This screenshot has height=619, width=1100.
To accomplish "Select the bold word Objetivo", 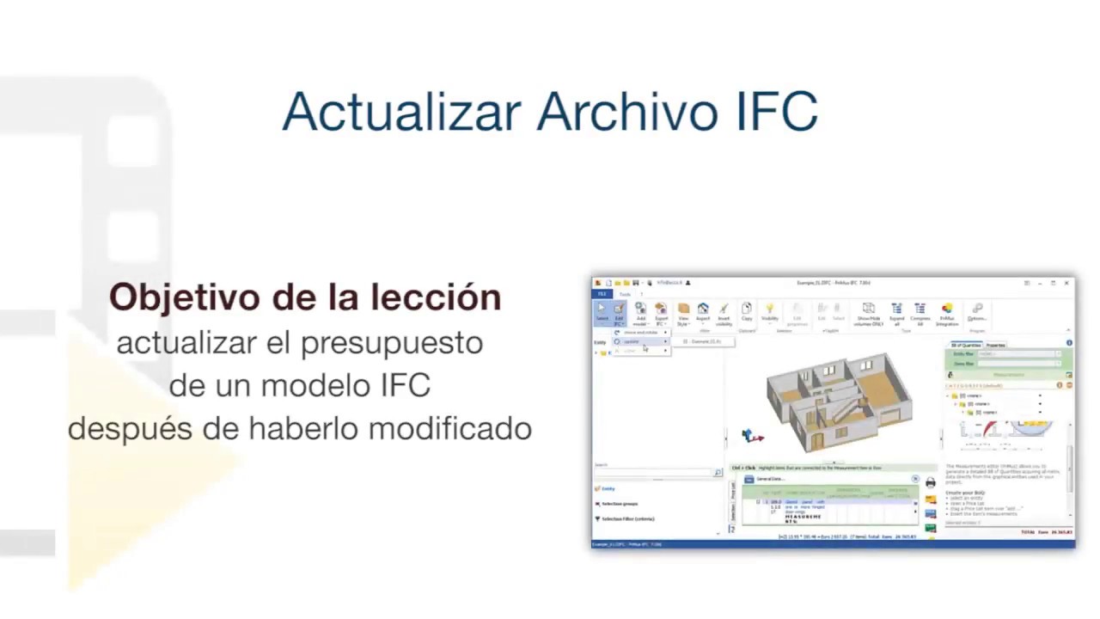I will click(x=185, y=297).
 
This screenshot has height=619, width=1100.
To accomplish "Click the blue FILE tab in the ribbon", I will click(x=602, y=294).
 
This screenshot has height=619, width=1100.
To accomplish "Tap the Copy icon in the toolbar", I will click(x=747, y=311).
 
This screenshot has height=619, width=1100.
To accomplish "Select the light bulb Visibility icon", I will click(x=769, y=311).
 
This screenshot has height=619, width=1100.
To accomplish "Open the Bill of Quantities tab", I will click(x=966, y=345).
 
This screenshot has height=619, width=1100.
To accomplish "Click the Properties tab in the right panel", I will click(x=995, y=345).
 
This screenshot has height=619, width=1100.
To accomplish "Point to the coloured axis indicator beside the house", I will click(x=752, y=437).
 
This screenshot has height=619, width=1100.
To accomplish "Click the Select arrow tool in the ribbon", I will click(x=602, y=311).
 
